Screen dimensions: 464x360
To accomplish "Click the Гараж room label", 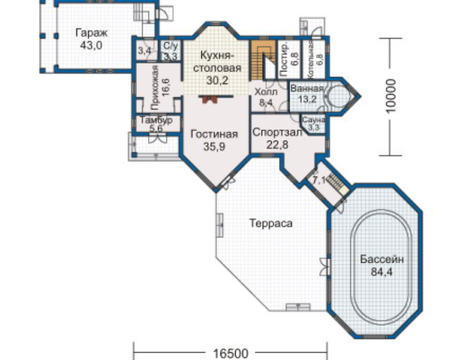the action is pos(92,33).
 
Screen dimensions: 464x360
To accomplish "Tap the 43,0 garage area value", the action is pos(91,46).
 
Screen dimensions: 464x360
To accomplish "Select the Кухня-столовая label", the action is pos(217,61).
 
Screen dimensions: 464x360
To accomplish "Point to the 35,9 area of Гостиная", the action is pos(214,147).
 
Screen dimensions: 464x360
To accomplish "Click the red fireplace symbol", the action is pos(210,100).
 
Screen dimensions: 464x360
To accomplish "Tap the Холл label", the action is pos(266,92).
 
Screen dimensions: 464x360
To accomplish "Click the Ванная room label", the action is pos(307,88).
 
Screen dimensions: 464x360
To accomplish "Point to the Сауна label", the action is pos(314,120).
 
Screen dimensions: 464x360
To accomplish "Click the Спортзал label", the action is pos(277,132).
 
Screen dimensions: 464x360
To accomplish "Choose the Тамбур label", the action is pos(156,120).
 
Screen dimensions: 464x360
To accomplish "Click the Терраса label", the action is pos(271,223).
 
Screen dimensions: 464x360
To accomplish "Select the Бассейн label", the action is pos(382,259).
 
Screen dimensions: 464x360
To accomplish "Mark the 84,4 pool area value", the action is pos(382,272).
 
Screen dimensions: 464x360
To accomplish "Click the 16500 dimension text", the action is pos(231,353).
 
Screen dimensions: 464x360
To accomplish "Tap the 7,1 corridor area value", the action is pos(318,179).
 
